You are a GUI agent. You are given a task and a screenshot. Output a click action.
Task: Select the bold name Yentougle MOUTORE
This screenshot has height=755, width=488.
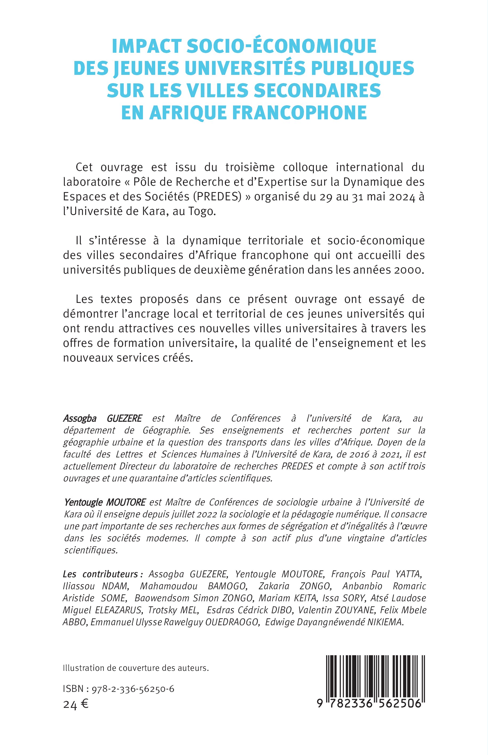click(x=105, y=502)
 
